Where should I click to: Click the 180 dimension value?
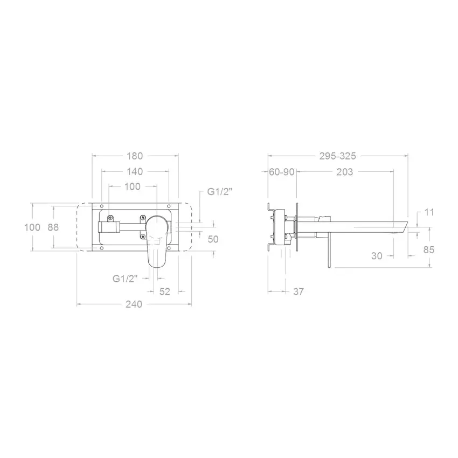click(x=135, y=156)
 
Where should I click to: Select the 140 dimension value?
click(x=135, y=171)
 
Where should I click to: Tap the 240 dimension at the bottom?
click(x=134, y=304)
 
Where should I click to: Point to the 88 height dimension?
click(x=53, y=227)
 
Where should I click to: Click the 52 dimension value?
click(x=165, y=292)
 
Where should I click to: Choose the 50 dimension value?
click(x=213, y=239)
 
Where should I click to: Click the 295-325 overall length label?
click(x=338, y=156)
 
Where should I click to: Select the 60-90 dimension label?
click(x=282, y=172)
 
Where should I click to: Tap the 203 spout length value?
click(x=345, y=172)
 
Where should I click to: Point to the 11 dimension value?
click(x=429, y=212)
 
